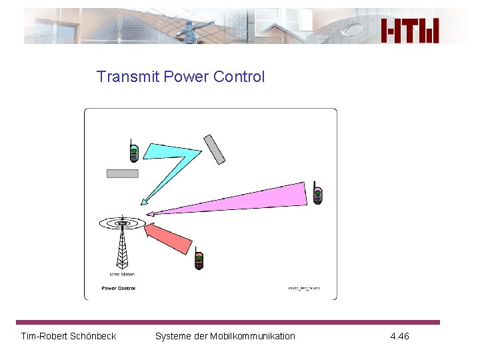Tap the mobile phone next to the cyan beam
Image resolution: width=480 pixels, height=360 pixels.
[133, 151]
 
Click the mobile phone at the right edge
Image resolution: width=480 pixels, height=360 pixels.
[318, 193]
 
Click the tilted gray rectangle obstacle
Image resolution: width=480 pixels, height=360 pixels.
[215, 149]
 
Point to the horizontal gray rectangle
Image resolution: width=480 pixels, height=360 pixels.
[123, 174]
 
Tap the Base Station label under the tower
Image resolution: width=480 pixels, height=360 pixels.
[122, 274]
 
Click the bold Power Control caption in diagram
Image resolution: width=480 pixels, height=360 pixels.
[118, 288]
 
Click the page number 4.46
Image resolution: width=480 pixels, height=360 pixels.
[399, 336]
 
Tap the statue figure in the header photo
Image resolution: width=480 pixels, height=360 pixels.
[193, 29]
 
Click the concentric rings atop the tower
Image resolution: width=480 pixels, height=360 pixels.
[122, 223]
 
